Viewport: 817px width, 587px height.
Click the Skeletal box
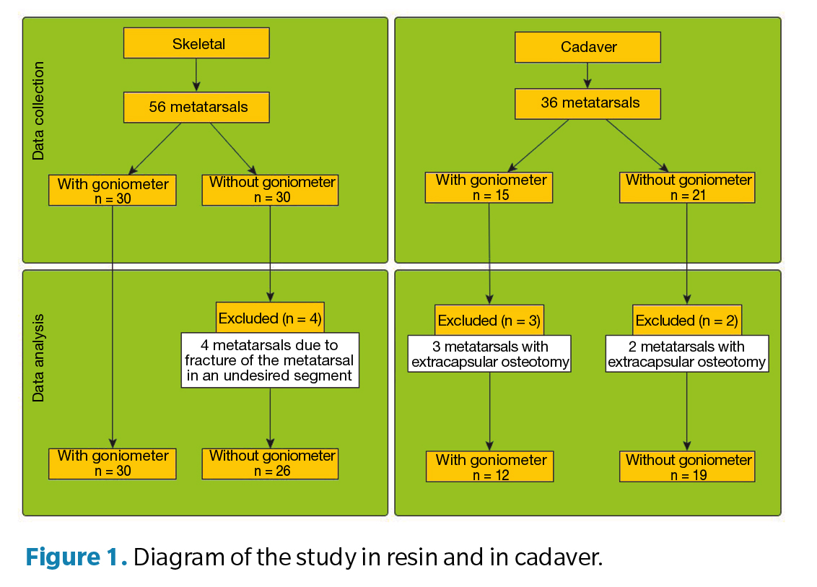(x=196, y=43)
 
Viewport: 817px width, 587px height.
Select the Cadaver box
(x=587, y=48)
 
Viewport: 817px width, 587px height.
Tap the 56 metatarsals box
(x=196, y=108)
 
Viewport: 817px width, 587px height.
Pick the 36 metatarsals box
(x=587, y=103)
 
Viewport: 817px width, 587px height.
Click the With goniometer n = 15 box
(x=489, y=188)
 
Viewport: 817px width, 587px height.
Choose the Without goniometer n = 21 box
(x=687, y=188)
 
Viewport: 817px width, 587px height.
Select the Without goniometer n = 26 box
(x=270, y=464)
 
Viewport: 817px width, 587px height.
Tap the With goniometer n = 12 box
(x=489, y=467)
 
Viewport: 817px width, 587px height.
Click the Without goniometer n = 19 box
(x=687, y=467)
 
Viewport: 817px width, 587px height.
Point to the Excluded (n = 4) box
(x=270, y=318)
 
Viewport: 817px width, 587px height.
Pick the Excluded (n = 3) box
(x=489, y=320)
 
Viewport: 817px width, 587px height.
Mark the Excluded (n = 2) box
(x=686, y=320)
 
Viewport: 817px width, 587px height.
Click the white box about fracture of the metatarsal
(x=270, y=360)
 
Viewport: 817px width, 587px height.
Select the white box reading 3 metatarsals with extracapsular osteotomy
(x=489, y=355)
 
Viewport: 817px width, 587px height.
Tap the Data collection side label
(x=38, y=110)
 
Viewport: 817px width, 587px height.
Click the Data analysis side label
(x=38, y=357)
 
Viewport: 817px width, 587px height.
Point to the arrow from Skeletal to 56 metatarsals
(x=196, y=75)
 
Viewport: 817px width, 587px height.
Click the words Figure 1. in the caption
(x=77, y=558)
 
